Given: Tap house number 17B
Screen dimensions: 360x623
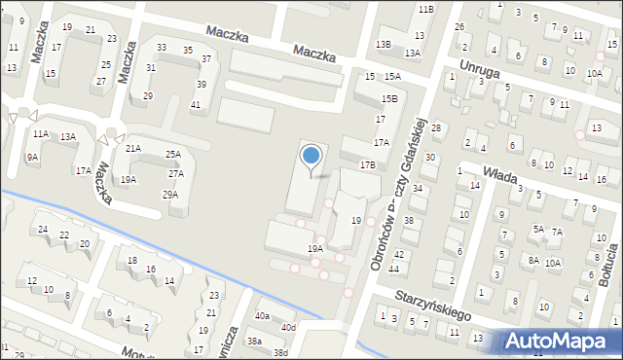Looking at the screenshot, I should [x=367, y=165].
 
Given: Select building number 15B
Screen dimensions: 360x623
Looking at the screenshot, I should [x=389, y=99].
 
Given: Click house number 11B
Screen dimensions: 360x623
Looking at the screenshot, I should [x=425, y=9].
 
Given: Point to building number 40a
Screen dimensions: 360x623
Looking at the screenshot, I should [x=262, y=316].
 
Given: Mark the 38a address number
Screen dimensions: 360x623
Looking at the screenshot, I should [x=254, y=342].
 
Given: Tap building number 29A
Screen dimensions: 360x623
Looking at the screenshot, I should [x=170, y=195].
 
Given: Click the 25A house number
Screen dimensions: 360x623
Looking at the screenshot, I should [x=172, y=155].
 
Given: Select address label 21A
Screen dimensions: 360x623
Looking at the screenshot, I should [x=132, y=148].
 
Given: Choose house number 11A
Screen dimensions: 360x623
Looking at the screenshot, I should [x=40, y=134].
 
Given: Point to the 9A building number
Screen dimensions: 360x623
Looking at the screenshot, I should [x=32, y=157].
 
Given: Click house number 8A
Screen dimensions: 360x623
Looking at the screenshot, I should [x=533, y=260].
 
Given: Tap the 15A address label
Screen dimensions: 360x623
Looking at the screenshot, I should [x=392, y=77].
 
